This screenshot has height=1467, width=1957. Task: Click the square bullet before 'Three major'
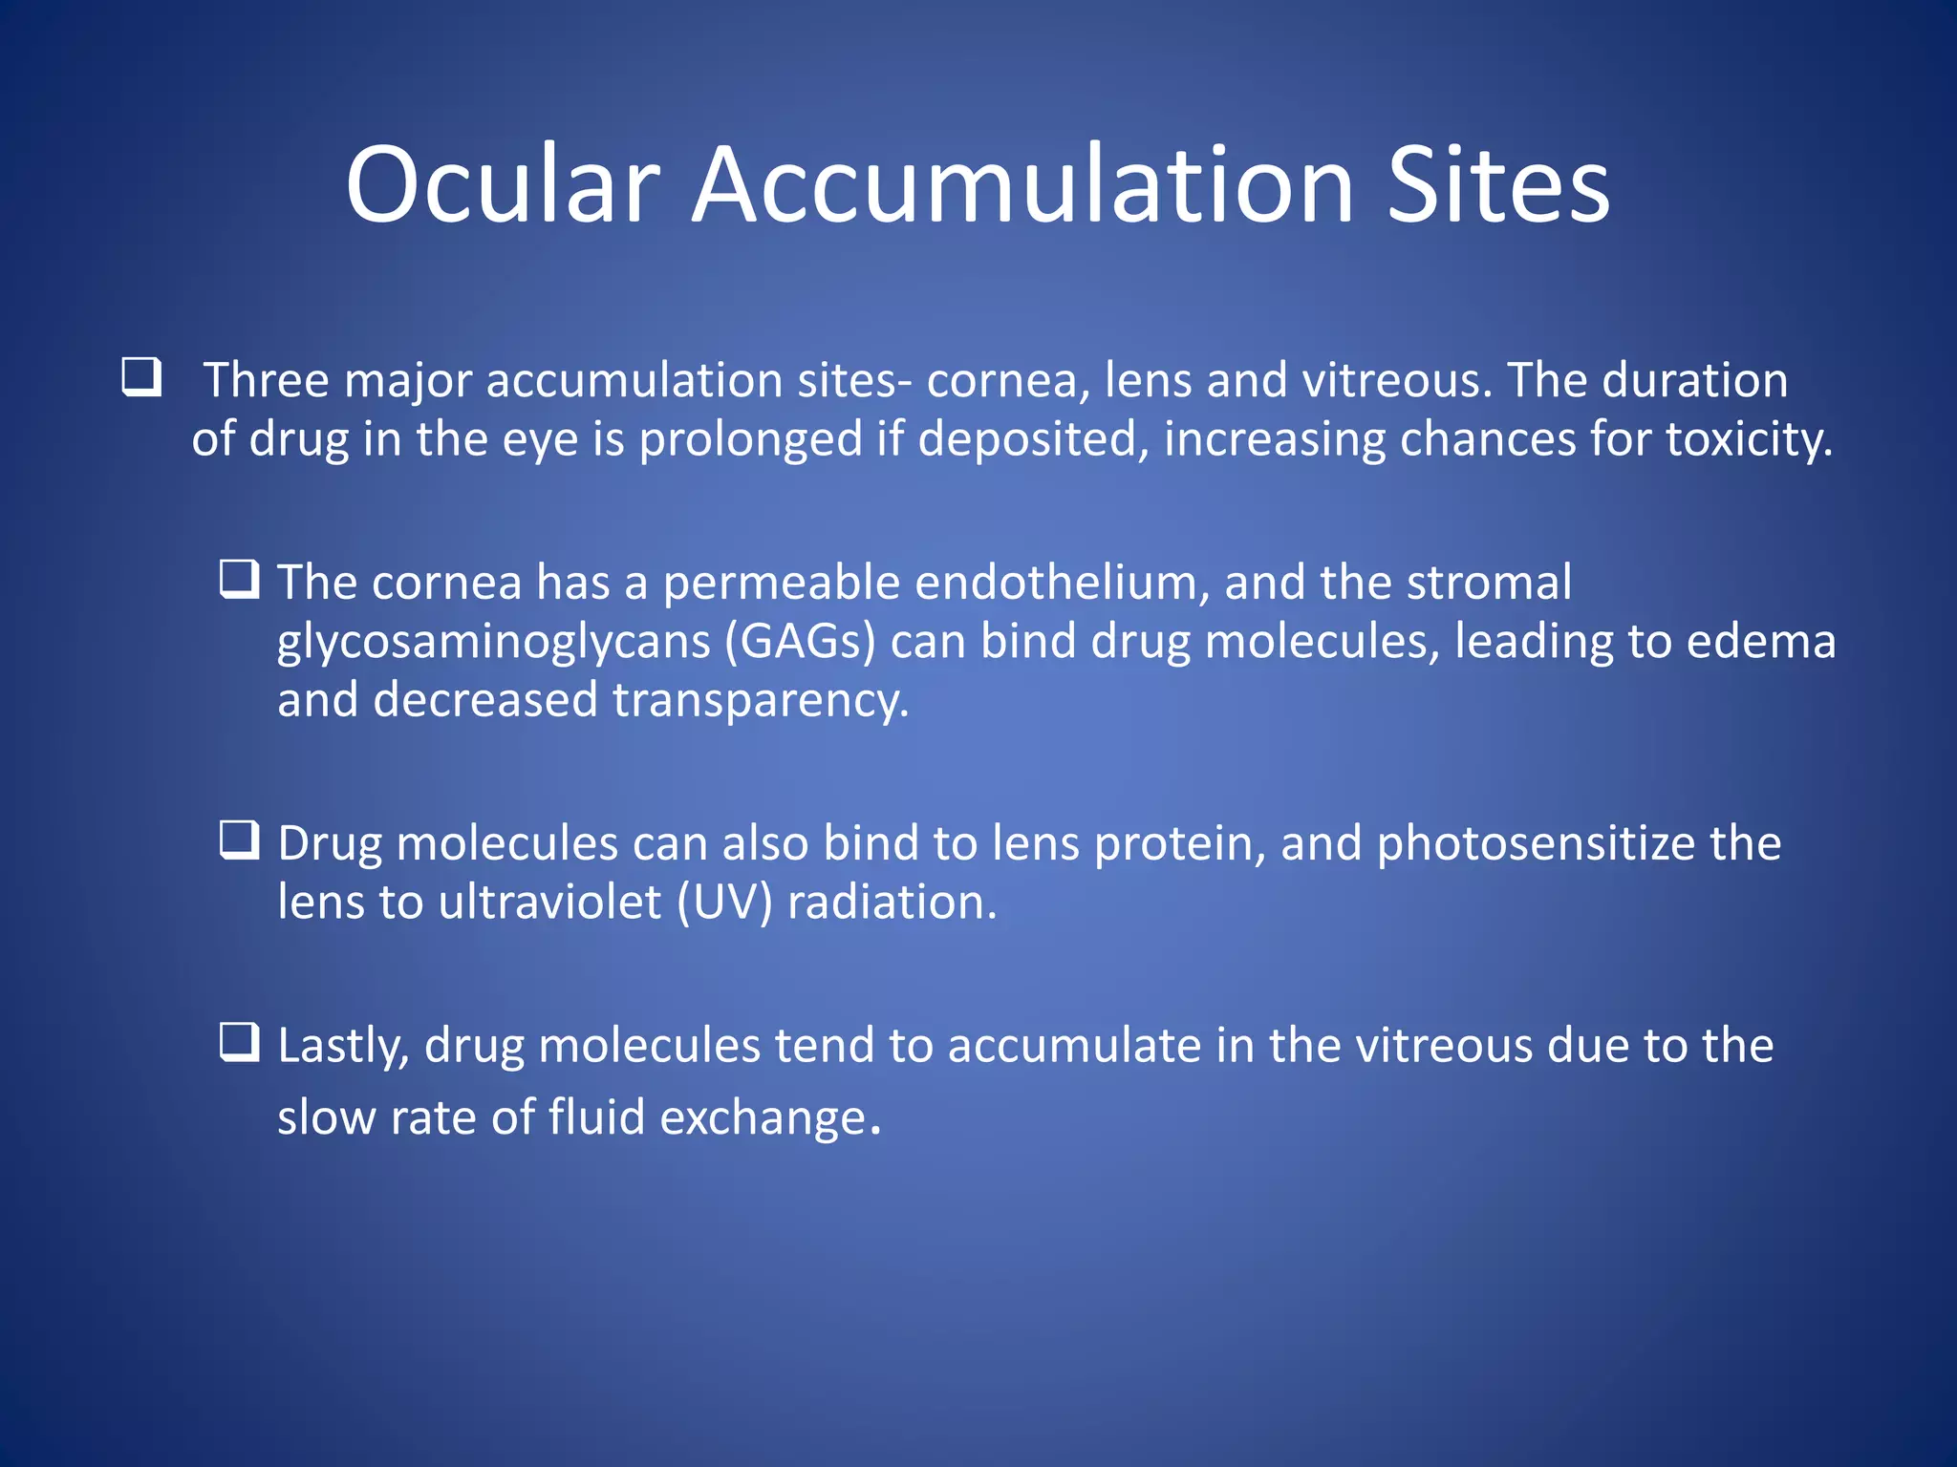[141, 377]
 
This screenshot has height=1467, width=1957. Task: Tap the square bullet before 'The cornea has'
[239, 580]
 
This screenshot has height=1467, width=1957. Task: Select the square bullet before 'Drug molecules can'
[239, 840]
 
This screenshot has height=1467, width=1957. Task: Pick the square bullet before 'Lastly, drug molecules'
[239, 1042]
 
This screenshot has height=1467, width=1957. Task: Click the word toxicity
[1749, 439]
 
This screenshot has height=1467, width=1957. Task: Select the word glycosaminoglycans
[493, 642]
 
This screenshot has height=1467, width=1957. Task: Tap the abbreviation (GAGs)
[800, 642]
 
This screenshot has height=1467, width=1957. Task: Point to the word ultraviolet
[549, 903]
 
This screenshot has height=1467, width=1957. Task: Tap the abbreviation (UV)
[724, 903]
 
